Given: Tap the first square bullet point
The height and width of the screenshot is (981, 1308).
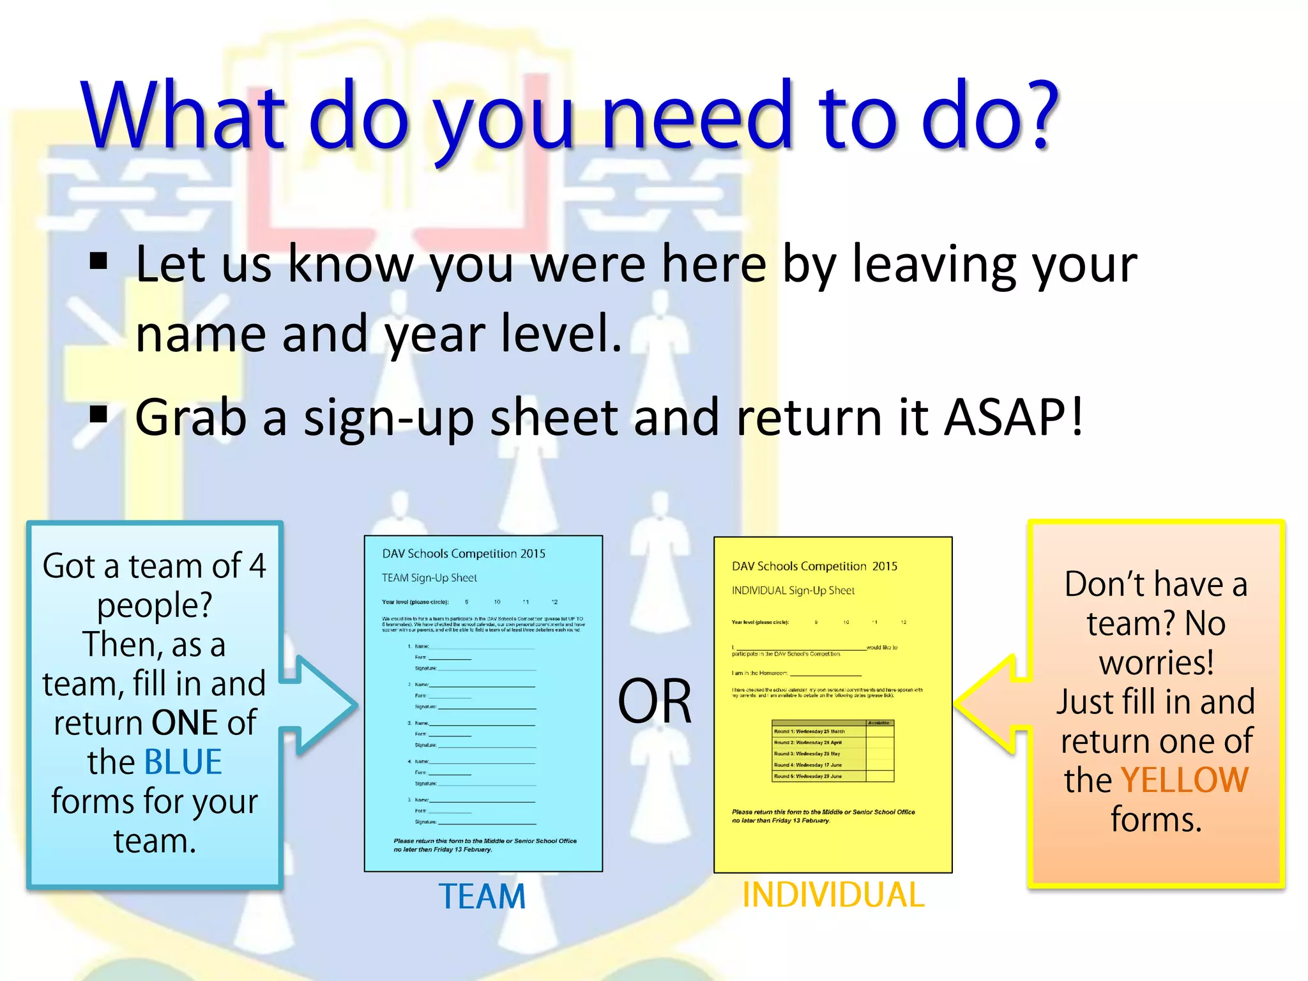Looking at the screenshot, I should (99, 261).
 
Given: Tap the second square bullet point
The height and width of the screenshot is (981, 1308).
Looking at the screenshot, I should (99, 415).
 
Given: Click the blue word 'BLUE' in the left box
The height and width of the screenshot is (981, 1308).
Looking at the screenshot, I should (183, 762).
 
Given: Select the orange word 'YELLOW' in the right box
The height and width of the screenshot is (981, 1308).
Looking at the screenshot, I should (1184, 780).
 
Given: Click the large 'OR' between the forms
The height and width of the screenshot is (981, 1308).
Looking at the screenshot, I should (655, 701).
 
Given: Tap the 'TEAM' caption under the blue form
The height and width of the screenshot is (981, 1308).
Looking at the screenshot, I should (482, 896).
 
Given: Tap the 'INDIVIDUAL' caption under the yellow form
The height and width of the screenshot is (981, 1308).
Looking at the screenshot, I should (833, 895).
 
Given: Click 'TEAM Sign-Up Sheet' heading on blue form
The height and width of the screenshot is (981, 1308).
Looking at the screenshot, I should (429, 578).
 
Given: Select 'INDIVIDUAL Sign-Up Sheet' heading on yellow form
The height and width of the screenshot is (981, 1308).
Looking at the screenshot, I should (793, 591).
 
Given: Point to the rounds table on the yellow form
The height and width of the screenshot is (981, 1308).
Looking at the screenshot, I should (833, 751).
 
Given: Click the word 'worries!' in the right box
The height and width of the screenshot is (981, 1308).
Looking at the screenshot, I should (1156, 663).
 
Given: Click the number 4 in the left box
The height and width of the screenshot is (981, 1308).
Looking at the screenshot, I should (257, 566).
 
